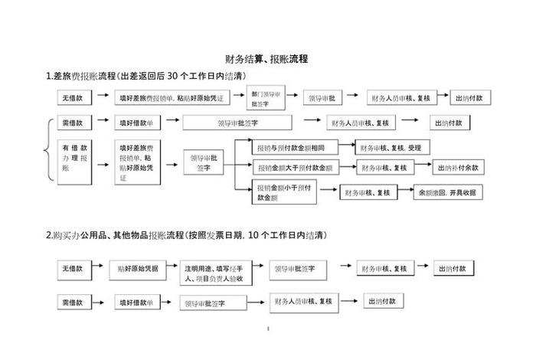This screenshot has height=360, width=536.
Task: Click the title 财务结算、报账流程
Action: (x=267, y=59)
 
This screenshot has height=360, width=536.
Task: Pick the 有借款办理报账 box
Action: (x=76, y=161)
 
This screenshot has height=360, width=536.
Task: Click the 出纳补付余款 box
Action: (x=459, y=168)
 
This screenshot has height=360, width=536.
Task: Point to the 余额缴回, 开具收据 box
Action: (x=448, y=193)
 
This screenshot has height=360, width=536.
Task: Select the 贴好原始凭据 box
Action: (x=138, y=270)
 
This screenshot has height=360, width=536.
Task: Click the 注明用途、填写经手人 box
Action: (x=214, y=273)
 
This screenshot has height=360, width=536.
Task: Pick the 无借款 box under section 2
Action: (x=74, y=270)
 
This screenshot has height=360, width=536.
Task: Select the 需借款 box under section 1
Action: (x=76, y=123)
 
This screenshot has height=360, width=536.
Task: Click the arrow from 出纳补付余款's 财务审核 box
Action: (x=424, y=168)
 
